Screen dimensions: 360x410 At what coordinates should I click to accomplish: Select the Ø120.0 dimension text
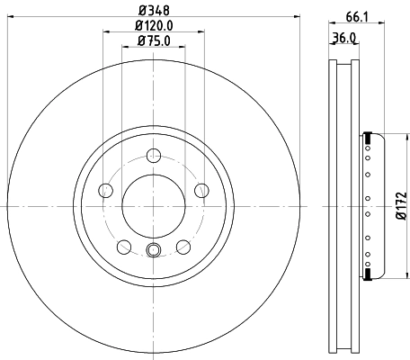coord(151,25)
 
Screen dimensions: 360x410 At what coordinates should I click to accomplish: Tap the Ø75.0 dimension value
coord(151,40)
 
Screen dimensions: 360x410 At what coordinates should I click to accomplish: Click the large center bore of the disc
coord(152,204)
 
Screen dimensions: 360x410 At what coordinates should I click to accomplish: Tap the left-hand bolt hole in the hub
coord(105,190)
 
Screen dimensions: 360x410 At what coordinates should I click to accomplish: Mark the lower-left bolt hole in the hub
coord(123,245)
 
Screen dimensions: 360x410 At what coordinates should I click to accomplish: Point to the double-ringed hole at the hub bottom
coord(152,250)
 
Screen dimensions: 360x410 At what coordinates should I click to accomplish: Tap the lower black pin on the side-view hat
coord(368,271)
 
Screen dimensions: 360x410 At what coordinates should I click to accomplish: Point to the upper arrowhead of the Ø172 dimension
coord(392,138)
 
